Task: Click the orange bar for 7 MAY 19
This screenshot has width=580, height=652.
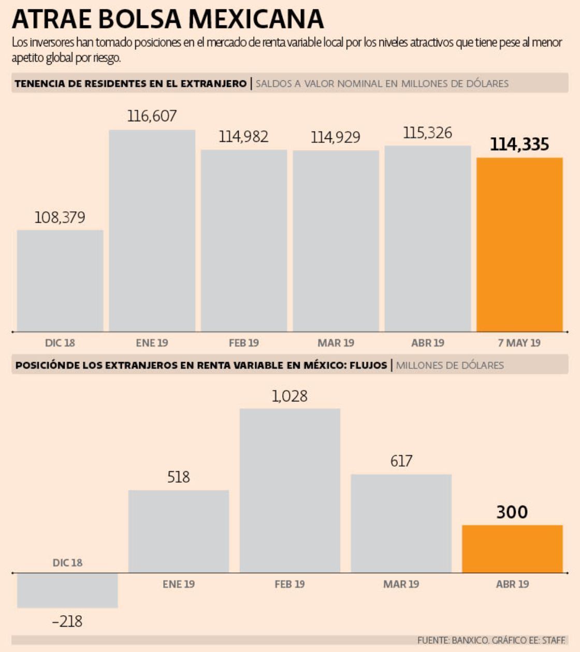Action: [x=519, y=244]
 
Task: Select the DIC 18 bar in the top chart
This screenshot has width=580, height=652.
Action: [x=60, y=281]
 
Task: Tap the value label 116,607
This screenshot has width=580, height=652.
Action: [x=152, y=116]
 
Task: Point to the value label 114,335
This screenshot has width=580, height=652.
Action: [x=519, y=144]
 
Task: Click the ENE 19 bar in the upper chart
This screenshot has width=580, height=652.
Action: [x=152, y=230]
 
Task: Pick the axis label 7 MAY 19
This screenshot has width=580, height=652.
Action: [x=519, y=343]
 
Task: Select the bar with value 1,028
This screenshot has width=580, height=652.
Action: [x=289, y=490]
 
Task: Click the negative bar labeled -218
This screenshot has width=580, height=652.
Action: [x=67, y=590]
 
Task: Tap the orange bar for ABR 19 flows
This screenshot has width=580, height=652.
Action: [x=512, y=549]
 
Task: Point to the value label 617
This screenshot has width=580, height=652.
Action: [x=401, y=461]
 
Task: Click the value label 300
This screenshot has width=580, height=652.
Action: [x=512, y=512]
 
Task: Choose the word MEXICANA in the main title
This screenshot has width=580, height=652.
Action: [x=256, y=20]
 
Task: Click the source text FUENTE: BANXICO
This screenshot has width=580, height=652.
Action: [x=452, y=641]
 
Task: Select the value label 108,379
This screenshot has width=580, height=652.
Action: [x=60, y=218]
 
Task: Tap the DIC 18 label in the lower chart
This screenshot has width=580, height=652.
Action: [x=67, y=563]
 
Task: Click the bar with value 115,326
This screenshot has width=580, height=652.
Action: [x=428, y=238]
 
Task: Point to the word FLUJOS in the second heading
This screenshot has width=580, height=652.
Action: [x=368, y=365]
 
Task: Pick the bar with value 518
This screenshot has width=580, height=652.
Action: [x=179, y=531]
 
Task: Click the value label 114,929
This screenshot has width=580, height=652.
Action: [x=336, y=137]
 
